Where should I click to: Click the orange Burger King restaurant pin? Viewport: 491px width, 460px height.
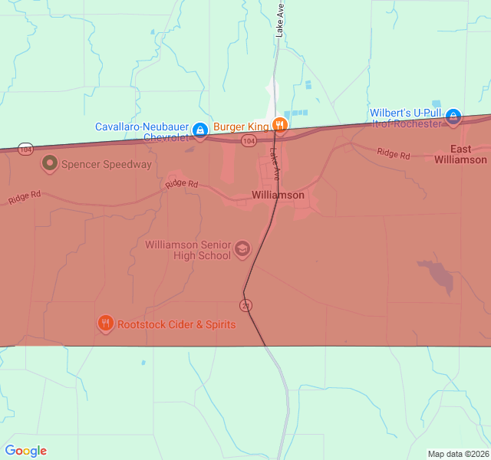tap(280, 126)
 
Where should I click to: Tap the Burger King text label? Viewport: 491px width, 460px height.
tap(241, 127)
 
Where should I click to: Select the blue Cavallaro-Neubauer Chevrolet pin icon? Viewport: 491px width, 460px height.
tap(200, 131)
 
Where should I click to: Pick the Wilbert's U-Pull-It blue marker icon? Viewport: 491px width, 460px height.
tap(453, 117)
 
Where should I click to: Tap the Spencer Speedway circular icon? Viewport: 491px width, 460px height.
tap(51, 163)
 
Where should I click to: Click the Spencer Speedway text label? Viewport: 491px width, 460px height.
tap(106, 164)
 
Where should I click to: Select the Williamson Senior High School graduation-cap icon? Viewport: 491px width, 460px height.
tap(242, 248)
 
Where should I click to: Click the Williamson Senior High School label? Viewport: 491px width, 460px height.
tap(188, 250)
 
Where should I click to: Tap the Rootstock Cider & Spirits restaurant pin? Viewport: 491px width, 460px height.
tap(106, 324)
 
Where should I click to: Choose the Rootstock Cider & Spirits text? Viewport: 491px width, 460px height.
tap(176, 324)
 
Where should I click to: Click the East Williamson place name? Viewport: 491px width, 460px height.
tap(460, 154)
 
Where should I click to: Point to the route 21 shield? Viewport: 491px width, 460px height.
tap(245, 306)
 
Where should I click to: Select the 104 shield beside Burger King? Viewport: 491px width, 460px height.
tap(249, 141)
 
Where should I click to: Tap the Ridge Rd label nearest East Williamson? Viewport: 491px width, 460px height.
tap(393, 154)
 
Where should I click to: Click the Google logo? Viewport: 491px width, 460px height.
tap(26, 451)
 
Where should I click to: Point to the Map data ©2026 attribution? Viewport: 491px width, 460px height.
tap(457, 454)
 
